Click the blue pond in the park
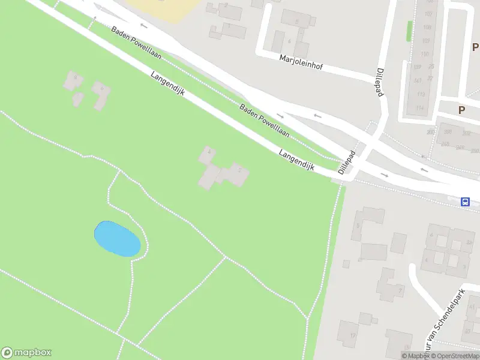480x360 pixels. [117, 238]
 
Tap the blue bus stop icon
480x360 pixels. [465, 202]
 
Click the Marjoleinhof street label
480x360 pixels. [301, 62]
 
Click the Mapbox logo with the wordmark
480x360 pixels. [26, 353]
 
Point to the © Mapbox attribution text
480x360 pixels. [415, 356]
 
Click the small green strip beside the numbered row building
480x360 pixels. [409, 31]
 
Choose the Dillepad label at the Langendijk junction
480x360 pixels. [347, 162]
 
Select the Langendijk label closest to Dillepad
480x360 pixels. [296, 160]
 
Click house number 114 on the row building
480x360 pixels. [420, 108]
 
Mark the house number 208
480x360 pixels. [445, 144]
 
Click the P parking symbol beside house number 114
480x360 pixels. [461, 110]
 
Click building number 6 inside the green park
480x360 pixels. [103, 90]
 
